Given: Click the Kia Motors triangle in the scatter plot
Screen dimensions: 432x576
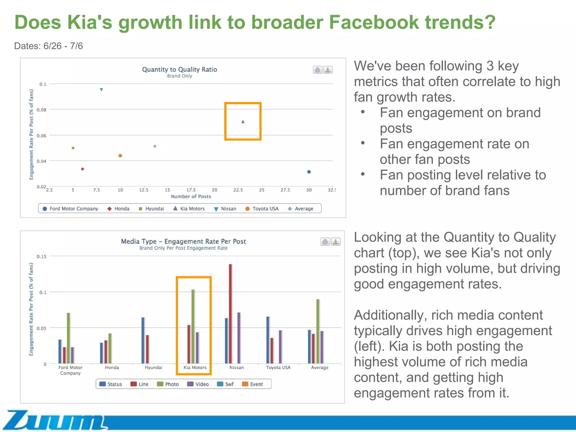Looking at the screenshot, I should [x=243, y=121].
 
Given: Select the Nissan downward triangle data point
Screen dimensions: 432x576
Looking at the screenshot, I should [x=102, y=90].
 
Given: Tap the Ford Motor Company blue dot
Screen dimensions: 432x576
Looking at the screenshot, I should [x=309, y=172].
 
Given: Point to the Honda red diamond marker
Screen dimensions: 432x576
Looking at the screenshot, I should [x=82, y=169].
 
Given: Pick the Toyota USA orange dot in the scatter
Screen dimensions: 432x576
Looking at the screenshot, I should [x=120, y=156].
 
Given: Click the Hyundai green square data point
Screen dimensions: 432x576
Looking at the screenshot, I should [x=73, y=148].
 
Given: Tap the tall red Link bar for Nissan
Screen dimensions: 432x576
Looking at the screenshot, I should [x=230, y=314].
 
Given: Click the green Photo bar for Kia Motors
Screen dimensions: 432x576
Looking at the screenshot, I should [x=193, y=326].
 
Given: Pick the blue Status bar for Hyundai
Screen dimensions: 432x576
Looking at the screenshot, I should [x=143, y=340].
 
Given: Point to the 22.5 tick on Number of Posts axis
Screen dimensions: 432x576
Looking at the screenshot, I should [x=238, y=190].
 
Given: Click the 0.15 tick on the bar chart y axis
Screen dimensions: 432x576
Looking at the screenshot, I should [x=42, y=256].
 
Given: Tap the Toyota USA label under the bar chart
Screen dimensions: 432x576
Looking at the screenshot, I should [x=278, y=368].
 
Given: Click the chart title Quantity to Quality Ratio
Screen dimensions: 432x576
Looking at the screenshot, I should [x=179, y=69].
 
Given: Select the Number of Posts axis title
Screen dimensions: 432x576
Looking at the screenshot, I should [x=191, y=197].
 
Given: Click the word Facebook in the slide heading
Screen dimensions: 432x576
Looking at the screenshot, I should [x=373, y=22].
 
